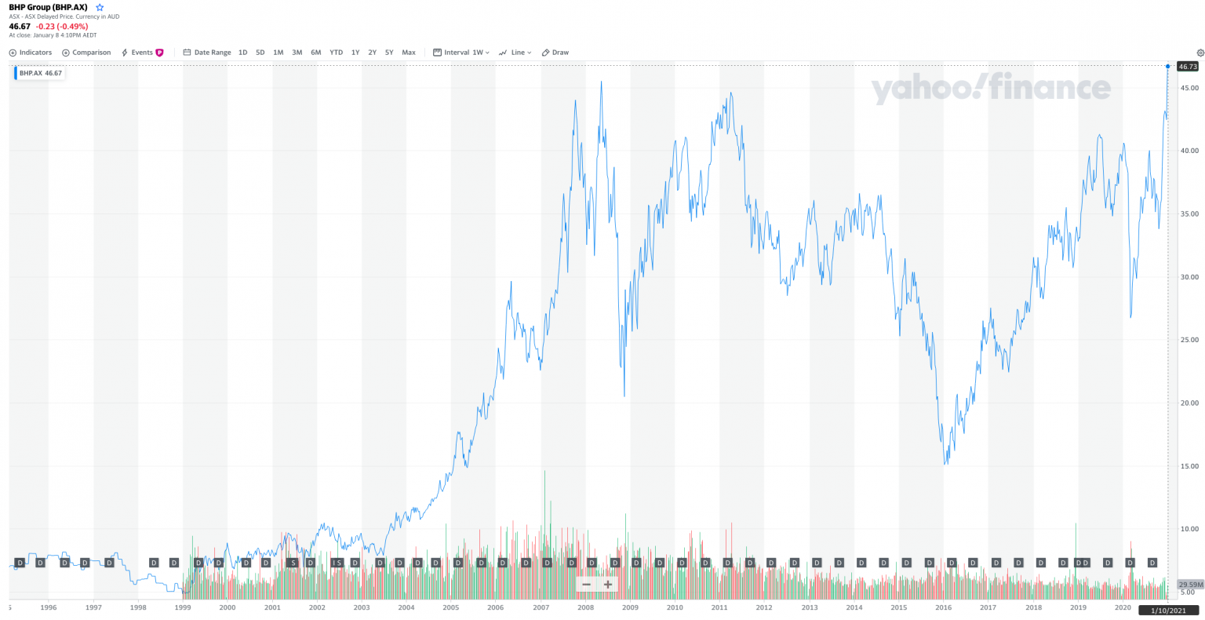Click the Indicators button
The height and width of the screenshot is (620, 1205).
tap(31, 53)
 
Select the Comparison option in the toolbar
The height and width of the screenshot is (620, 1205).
tap(86, 53)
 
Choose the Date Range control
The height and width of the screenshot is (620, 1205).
tap(207, 53)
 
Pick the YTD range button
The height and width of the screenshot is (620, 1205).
tap(336, 53)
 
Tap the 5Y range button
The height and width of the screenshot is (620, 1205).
tap(389, 53)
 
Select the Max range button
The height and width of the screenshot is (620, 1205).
tap(409, 53)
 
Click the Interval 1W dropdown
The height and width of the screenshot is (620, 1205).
tap(461, 53)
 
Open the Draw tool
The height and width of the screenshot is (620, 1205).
tap(555, 53)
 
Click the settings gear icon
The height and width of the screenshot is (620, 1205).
tap(1200, 53)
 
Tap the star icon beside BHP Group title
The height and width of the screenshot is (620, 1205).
tap(100, 7)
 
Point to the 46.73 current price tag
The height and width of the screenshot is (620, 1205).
tap(1188, 67)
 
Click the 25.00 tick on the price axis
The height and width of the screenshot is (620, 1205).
tap(1189, 340)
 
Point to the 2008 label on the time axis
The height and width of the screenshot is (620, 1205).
tap(585, 607)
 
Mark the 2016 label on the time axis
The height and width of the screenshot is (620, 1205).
tap(944, 607)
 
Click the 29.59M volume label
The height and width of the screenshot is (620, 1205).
tap(1190, 584)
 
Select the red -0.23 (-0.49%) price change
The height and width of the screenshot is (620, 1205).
tap(62, 26)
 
